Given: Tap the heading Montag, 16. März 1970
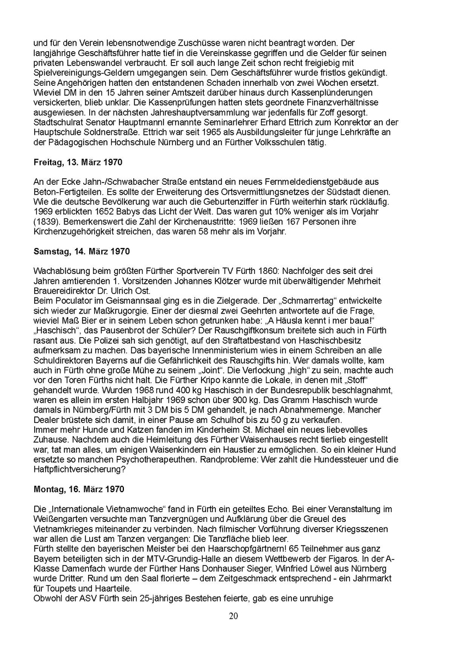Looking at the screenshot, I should pyautogui.click(x=79, y=488).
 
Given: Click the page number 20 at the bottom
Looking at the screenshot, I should pyautogui.click(x=233, y=615).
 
